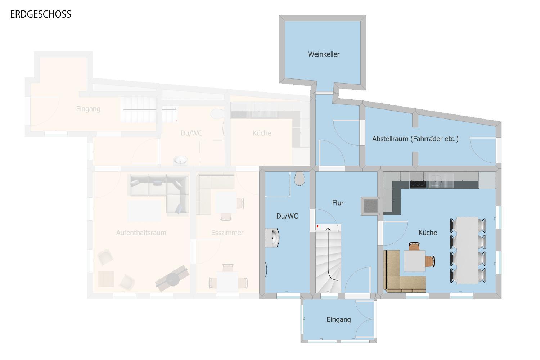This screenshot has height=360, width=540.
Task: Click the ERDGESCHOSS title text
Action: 41,14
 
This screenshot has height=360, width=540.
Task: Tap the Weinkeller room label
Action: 324,54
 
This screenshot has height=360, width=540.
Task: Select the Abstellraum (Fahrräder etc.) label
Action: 415,139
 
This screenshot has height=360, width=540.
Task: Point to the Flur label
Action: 338,203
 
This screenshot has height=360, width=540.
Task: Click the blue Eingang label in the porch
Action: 339,320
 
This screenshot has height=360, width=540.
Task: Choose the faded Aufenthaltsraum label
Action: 141,233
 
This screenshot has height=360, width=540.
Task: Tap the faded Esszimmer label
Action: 227,233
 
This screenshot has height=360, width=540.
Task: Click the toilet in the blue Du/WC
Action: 300,179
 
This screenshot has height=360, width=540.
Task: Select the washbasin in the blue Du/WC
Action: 272,238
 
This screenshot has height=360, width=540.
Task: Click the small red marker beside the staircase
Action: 318,226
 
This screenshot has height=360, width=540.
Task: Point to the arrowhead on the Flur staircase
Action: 328,229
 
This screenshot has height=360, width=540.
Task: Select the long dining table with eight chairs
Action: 468,250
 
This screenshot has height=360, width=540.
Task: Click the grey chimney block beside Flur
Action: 370,206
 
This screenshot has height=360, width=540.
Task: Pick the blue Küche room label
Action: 428,233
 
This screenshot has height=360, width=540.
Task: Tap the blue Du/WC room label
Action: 287,216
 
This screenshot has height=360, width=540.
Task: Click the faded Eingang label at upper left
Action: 88,109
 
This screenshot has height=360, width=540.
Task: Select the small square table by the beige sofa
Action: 414,261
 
